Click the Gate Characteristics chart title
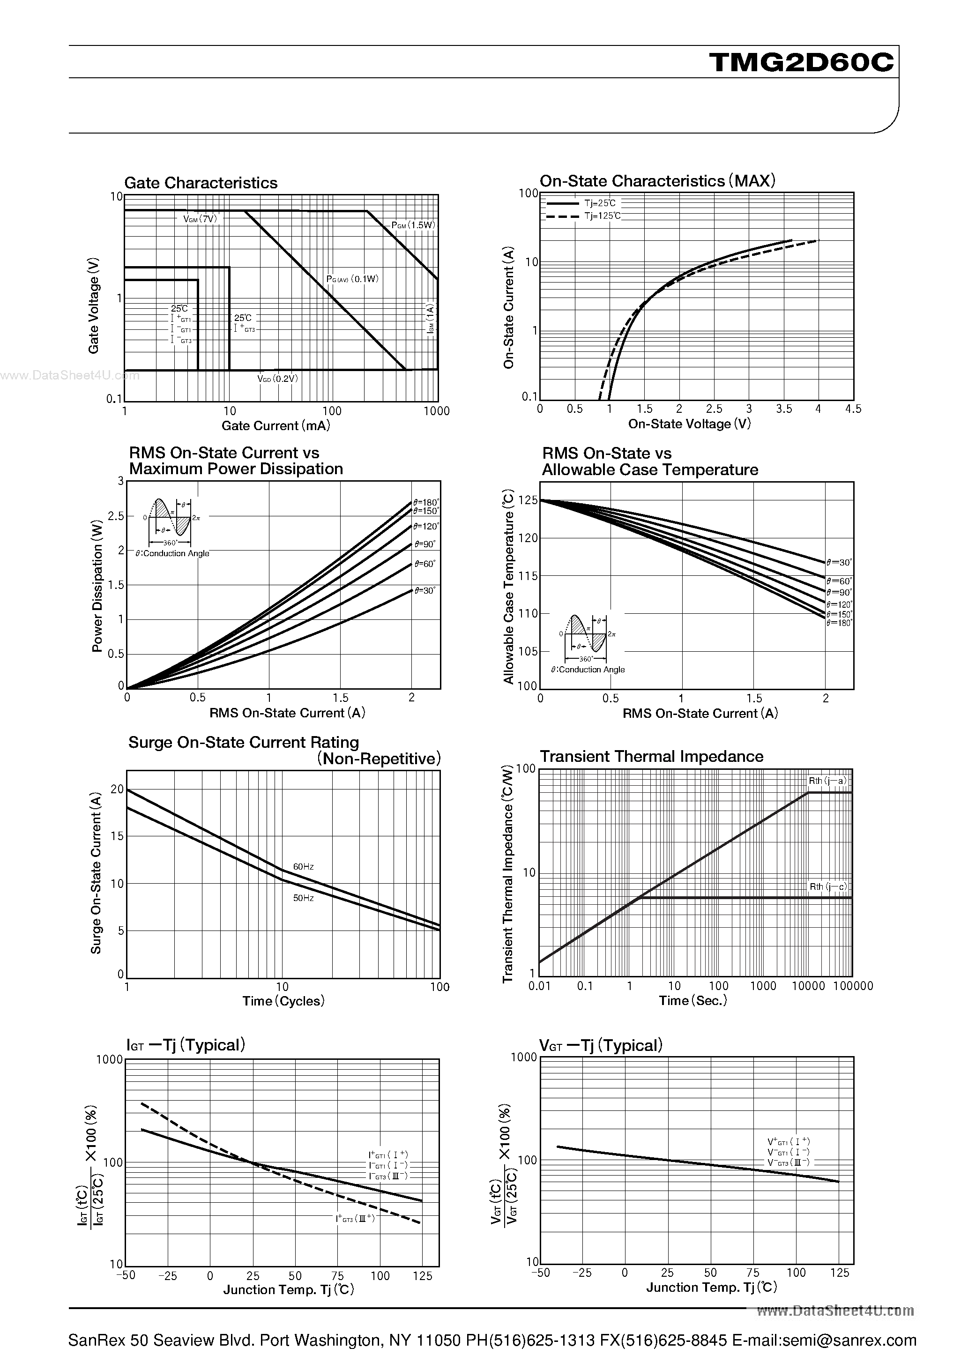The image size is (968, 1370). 201,183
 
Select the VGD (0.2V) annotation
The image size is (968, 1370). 277,378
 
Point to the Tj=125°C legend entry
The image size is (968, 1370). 602,216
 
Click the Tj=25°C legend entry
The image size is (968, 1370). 599,203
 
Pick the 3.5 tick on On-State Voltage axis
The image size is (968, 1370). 783,409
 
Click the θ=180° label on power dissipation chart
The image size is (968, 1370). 425,502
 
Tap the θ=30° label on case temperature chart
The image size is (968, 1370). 839,562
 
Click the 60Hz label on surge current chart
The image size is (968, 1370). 303,866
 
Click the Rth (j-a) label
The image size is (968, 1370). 827,781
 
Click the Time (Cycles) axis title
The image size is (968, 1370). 283,1001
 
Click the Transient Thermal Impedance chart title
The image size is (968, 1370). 651,756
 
